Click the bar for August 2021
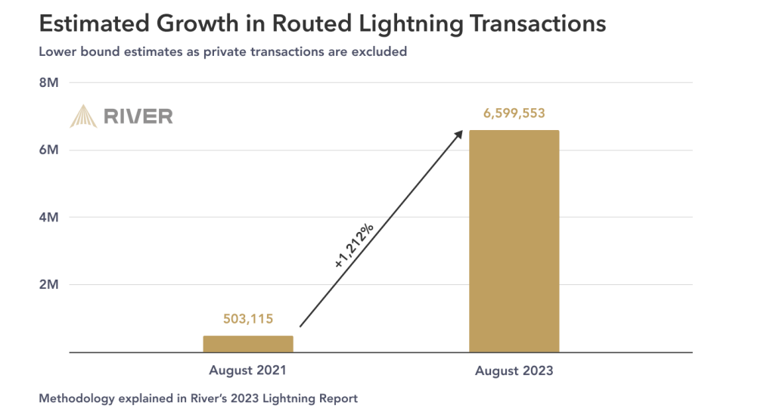[x=248, y=344]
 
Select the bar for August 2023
[x=514, y=241]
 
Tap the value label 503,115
[x=248, y=319]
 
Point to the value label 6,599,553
[x=514, y=114]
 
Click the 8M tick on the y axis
[x=48, y=82]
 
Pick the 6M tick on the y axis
[x=48, y=150]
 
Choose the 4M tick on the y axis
[x=48, y=217]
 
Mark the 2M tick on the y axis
[x=48, y=284]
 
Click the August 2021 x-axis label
[x=248, y=370]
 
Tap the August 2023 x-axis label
[x=514, y=371]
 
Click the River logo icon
[x=83, y=116]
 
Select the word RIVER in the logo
[x=138, y=116]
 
